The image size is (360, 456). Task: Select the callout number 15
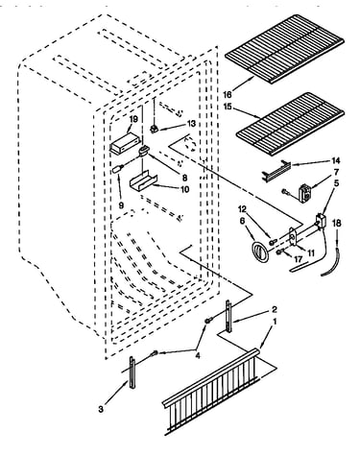pyautogui.click(x=228, y=107)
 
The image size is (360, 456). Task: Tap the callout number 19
pyautogui.click(x=133, y=119)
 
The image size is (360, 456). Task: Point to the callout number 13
pyautogui.click(x=191, y=124)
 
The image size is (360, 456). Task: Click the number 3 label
pyautogui.click(x=101, y=409)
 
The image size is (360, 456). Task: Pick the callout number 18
pyautogui.click(x=337, y=223)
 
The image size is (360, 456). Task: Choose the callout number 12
pyautogui.click(x=243, y=209)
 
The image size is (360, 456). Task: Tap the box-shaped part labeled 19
pyautogui.click(x=125, y=144)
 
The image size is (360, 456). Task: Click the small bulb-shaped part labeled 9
pyautogui.click(x=117, y=169)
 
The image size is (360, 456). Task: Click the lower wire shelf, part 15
pyautogui.click(x=290, y=125)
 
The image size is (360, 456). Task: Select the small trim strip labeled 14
pyautogui.click(x=276, y=170)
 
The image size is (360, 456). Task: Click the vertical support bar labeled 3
pyautogui.click(x=132, y=372)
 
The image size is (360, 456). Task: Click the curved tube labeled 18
pyautogui.click(x=331, y=260)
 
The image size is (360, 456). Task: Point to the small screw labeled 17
pyautogui.click(x=278, y=252)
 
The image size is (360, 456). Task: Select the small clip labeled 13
pyautogui.click(x=155, y=129)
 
